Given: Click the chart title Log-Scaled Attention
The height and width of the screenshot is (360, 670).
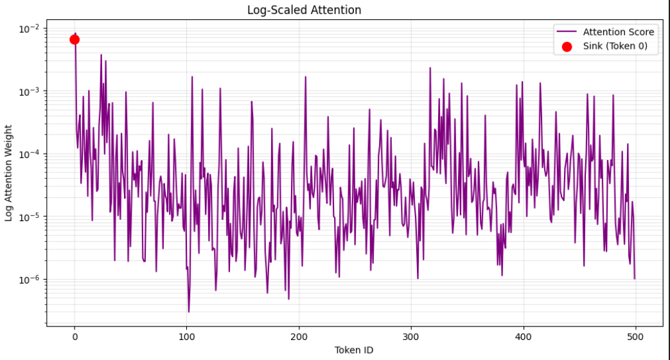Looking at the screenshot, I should point(304,10).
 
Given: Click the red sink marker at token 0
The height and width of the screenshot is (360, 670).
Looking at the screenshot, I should point(75,40).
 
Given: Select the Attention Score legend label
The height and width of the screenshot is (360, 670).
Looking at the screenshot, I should point(618,32).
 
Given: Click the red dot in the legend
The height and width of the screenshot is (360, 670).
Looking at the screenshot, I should point(567,46).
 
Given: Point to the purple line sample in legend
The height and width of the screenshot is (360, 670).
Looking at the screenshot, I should point(567,32).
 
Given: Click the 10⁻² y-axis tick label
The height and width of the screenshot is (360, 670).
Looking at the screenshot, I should point(30,29).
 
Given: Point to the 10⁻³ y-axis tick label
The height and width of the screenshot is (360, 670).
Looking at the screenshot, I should point(30,91).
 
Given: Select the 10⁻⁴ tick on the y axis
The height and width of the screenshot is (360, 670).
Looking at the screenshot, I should point(30,154).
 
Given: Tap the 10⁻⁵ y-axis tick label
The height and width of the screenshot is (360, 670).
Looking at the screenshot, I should point(30,217).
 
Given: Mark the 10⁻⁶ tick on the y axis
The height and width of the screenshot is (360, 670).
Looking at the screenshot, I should point(30,280).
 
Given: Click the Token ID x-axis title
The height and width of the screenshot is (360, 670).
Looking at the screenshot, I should point(354,350).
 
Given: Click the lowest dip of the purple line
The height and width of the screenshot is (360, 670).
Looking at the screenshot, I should point(189,312).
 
